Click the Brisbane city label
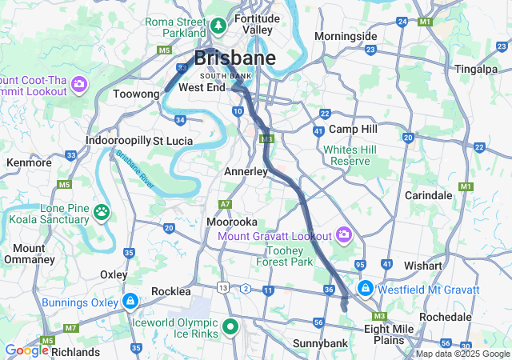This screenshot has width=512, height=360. [x=235, y=58]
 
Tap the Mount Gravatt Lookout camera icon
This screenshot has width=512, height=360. [x=344, y=234]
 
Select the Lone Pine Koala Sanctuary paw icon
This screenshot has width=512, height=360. [x=102, y=212]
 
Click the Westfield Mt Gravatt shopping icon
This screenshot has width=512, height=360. [x=365, y=288]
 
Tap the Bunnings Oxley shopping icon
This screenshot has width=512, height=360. [x=130, y=302]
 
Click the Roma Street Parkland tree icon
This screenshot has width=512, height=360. [x=218, y=27]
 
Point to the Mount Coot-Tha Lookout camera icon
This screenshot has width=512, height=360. [x=79, y=83]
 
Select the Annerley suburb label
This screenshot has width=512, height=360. [x=246, y=171]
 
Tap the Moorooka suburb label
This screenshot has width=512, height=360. [x=231, y=221]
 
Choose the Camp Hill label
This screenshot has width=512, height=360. [x=352, y=129]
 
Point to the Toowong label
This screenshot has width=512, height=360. [x=136, y=94]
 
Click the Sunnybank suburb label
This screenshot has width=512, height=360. [x=296, y=344]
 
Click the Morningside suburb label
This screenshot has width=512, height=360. [x=345, y=36]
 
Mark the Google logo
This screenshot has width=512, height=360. [x=27, y=350]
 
